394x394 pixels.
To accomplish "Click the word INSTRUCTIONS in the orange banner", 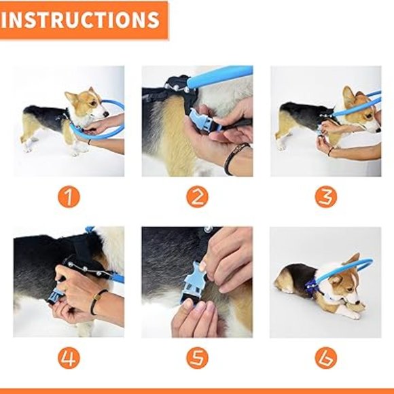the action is pos(80,20).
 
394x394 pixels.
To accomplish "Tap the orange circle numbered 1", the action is pos(69,196).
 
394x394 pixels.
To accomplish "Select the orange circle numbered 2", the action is pos(197,196).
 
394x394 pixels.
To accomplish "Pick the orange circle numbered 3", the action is pos(325,196).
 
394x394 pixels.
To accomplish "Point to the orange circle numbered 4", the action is pos(69,358).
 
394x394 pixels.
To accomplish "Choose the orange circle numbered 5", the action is pos(197,358).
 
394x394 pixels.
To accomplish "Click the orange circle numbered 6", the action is pos(325,358).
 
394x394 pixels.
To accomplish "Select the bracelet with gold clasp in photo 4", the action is pos(98,300).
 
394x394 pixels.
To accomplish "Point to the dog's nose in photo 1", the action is pos(106,114).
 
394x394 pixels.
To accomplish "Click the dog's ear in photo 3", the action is pos(348,96).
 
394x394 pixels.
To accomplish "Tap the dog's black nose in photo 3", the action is pos(378,130).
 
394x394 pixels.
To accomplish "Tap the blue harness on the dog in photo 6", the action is pos(311,285).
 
